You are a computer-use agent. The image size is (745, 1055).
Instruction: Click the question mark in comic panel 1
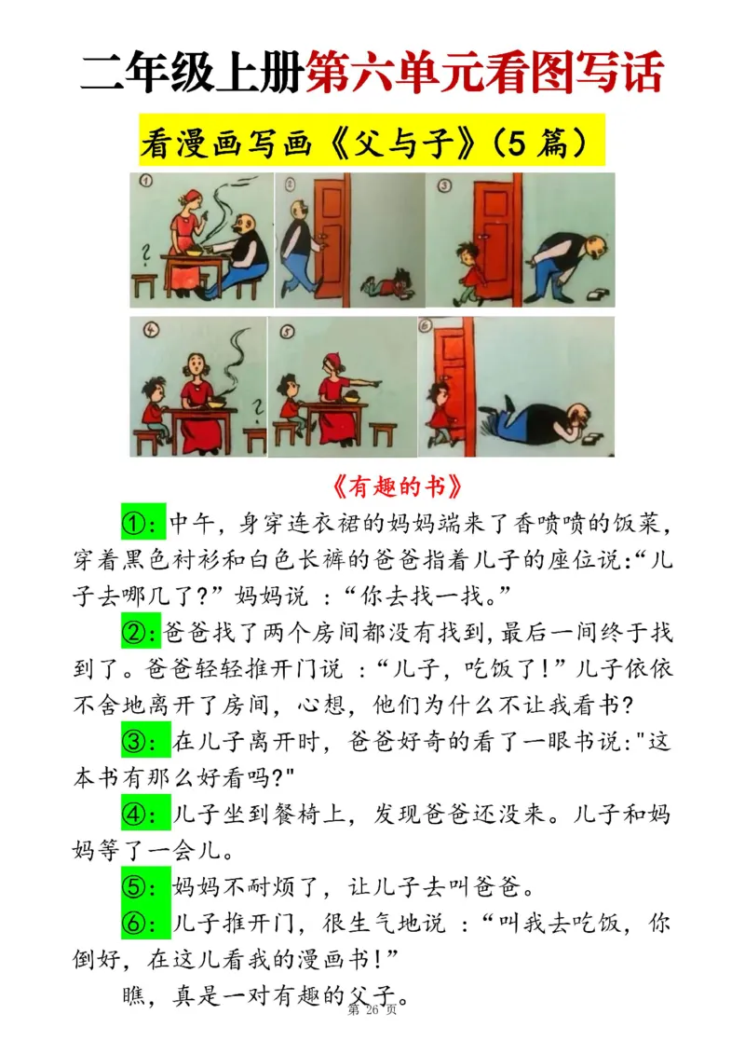(x=143, y=253)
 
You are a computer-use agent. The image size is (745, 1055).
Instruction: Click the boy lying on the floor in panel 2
(x=389, y=281)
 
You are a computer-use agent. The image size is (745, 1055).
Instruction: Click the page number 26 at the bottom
(x=373, y=1010)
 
